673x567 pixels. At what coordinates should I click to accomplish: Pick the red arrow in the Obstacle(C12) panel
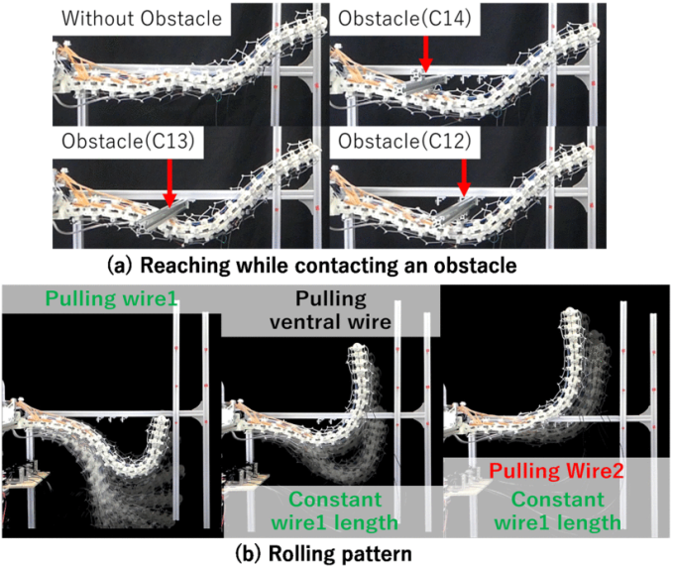[x=463, y=181]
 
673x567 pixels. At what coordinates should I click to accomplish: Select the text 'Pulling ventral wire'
[x=331, y=309]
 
